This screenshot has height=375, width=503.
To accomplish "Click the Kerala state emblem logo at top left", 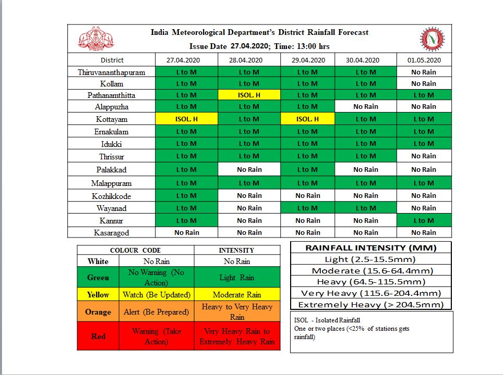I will (x=96, y=38).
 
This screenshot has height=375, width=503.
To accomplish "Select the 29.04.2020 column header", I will (x=307, y=60).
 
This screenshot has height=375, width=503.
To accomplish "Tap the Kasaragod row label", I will (x=112, y=233).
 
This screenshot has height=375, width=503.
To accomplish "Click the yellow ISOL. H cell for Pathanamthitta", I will (x=249, y=95).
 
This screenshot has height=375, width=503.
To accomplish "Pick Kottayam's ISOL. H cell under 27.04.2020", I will (x=186, y=119).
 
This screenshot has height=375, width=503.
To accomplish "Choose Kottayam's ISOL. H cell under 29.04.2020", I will (x=307, y=119).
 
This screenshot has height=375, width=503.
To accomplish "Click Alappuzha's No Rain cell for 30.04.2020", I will (x=365, y=107).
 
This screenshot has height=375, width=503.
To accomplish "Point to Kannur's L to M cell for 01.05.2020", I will (x=423, y=220).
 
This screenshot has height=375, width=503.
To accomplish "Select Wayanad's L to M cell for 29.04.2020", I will (x=307, y=208).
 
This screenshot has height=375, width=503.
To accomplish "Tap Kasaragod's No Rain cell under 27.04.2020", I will (x=186, y=232).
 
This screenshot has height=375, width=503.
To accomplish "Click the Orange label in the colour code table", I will (x=98, y=312).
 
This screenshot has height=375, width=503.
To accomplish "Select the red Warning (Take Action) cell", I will (x=157, y=336).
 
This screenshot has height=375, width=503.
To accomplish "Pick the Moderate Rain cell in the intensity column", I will (x=237, y=295).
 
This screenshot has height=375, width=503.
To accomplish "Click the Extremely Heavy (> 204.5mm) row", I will (x=370, y=305).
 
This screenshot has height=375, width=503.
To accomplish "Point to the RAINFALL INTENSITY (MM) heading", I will (x=370, y=248).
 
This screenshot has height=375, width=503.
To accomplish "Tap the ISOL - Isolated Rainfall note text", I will (x=327, y=320).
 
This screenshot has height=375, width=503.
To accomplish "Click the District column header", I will (x=112, y=60).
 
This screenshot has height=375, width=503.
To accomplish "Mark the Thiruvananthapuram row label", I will (x=112, y=72).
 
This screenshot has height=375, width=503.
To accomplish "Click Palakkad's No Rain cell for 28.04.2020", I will (x=249, y=169).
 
